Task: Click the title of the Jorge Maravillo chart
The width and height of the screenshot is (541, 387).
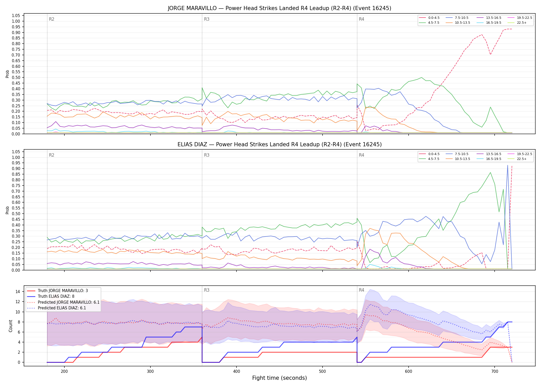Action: pos(280,8)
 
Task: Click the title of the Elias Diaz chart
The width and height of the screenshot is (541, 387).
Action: pos(280,144)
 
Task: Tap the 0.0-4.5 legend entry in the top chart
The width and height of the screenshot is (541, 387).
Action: pos(429,18)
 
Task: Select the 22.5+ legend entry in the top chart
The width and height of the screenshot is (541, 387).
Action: pos(517,23)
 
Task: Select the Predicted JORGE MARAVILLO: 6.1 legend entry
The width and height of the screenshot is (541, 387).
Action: pos(63,302)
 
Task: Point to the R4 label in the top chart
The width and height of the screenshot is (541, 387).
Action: pos(361,19)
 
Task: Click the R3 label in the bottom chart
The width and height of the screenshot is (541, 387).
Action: pos(207,290)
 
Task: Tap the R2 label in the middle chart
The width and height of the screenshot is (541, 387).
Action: pos(52,155)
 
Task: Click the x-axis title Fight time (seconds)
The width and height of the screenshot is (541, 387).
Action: pos(280,378)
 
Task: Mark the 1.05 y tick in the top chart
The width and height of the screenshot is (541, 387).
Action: pos(16,16)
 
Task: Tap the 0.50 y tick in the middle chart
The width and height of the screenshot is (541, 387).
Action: pos(16,214)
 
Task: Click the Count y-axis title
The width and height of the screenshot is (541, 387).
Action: pos(11,326)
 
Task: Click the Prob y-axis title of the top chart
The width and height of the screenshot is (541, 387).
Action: pos(7,74)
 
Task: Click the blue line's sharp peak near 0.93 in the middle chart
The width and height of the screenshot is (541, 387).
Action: pos(508,165)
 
